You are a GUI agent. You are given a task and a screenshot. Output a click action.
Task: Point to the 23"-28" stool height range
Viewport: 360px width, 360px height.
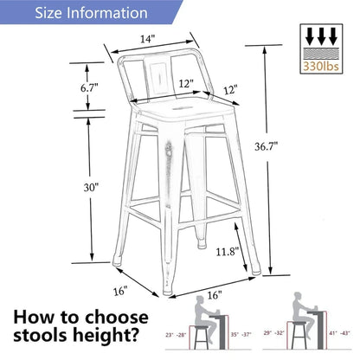click(176, 333)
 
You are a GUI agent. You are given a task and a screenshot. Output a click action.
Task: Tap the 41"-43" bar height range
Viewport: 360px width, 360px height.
click(338, 333)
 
